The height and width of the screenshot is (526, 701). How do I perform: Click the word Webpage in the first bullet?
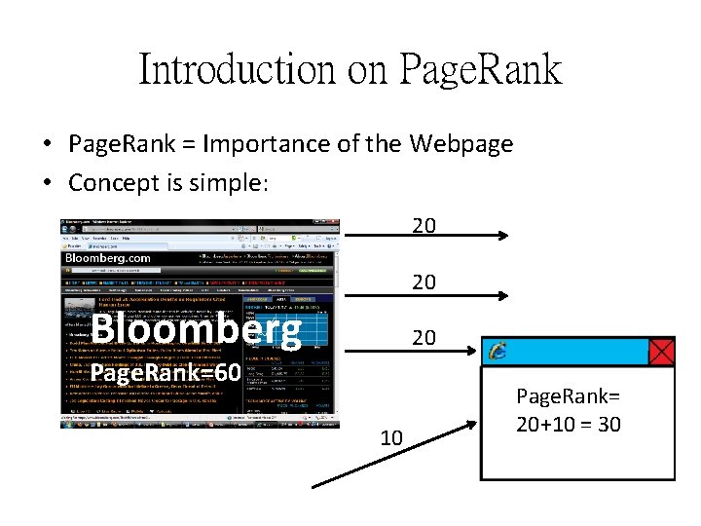(x=461, y=144)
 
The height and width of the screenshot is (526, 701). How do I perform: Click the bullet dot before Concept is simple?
(x=47, y=183)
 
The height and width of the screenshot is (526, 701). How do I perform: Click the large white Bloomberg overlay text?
(x=196, y=330)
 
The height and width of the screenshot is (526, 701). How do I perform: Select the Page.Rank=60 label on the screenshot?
(x=166, y=373)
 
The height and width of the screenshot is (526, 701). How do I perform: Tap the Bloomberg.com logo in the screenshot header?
(x=108, y=257)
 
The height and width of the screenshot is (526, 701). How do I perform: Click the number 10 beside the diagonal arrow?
(x=391, y=438)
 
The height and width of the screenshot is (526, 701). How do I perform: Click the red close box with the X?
(x=661, y=352)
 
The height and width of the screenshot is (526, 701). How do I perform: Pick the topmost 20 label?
(x=424, y=226)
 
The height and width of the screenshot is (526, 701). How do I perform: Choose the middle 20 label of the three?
(x=424, y=282)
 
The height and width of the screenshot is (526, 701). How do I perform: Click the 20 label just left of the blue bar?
(x=424, y=338)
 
